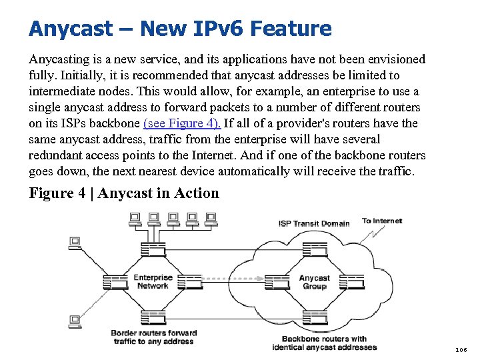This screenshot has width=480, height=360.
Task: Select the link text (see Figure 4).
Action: (182, 123)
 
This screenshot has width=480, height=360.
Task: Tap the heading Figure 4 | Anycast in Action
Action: (124, 193)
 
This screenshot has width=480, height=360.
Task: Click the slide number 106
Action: (461, 349)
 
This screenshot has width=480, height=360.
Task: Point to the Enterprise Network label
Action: (153, 281)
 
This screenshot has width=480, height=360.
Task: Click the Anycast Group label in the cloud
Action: (314, 282)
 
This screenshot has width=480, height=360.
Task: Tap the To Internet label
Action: (382, 221)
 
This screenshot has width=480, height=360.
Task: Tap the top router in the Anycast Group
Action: (314, 249)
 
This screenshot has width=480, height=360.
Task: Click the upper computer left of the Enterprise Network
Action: (75, 243)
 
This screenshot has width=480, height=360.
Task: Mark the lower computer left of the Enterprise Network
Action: (75, 321)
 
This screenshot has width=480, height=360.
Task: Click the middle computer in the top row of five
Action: (173, 218)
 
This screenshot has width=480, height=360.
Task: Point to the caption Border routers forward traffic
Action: (153, 337)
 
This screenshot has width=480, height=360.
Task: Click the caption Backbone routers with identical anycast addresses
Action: (324, 343)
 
